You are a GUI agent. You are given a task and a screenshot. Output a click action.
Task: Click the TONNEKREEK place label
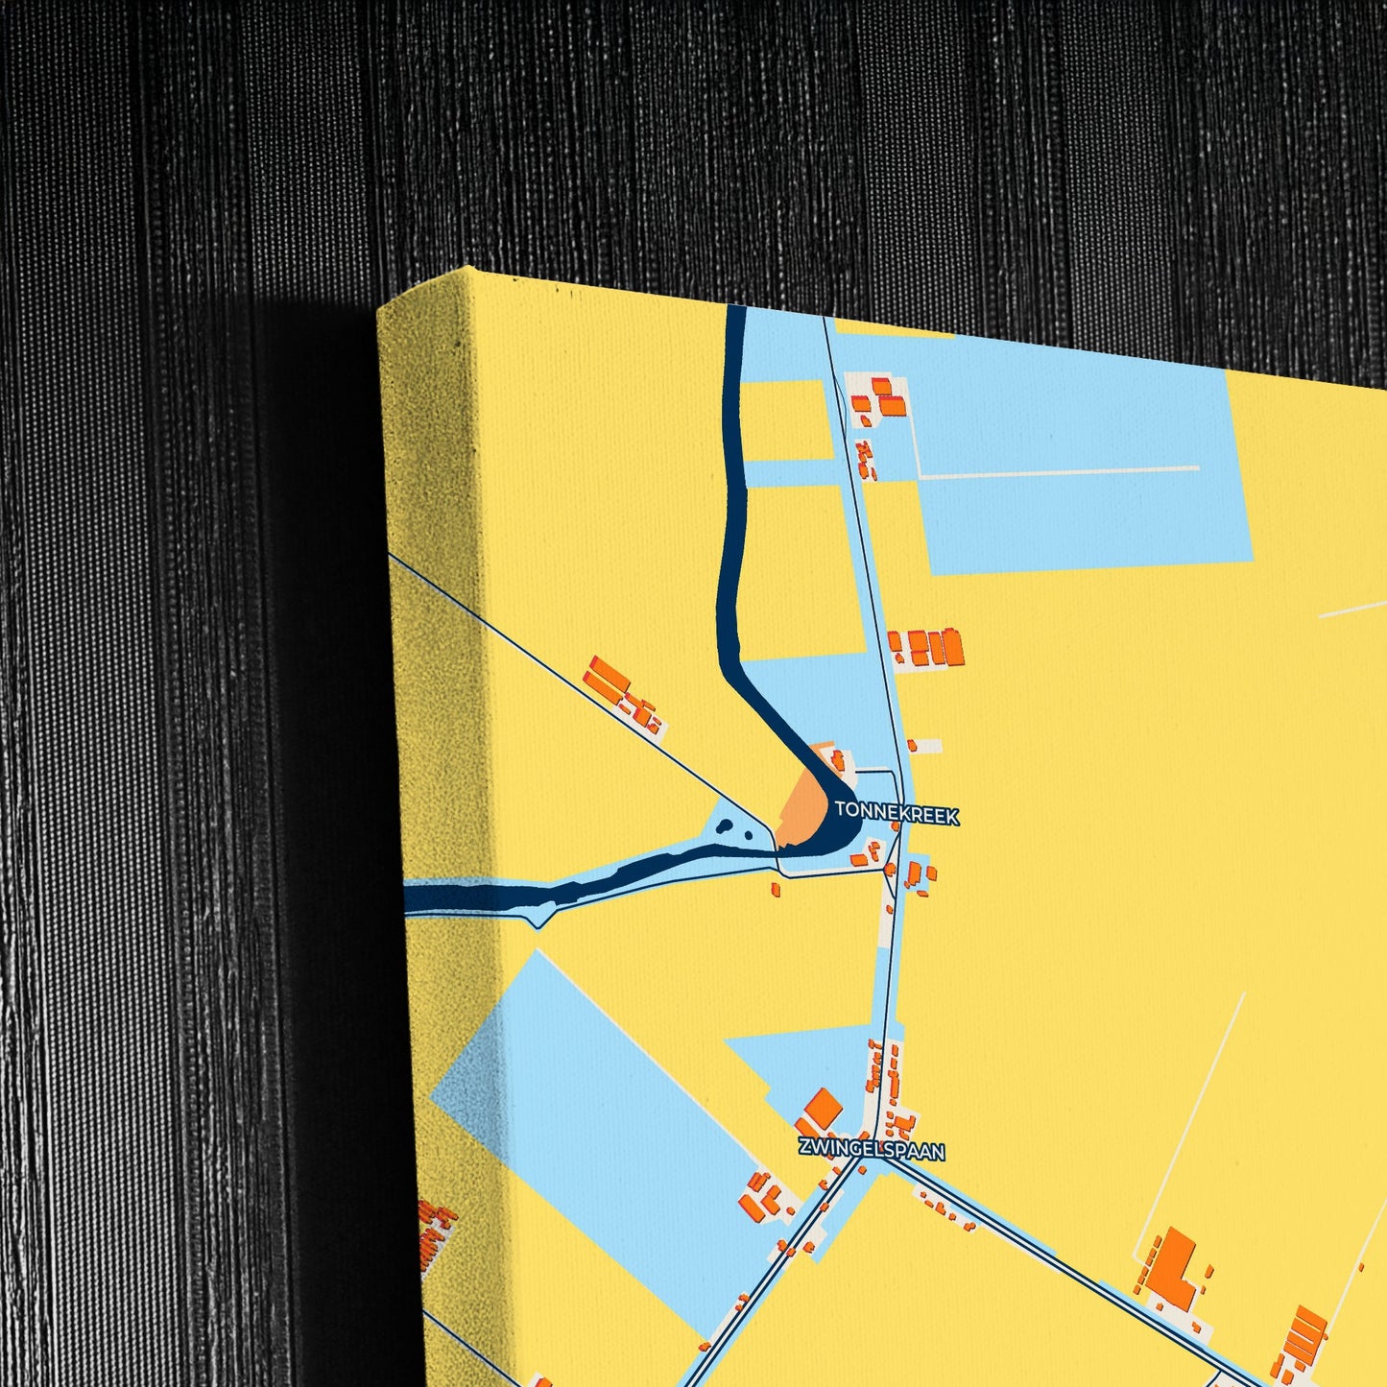pyautogui.click(x=897, y=814)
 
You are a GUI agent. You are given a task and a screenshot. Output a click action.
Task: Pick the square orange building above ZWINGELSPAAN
pyautogui.click(x=823, y=1108)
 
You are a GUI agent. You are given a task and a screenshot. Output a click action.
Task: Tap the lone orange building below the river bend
pyautogui.click(x=776, y=890)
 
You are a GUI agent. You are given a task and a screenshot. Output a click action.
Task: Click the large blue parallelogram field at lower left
pyautogui.click(x=614, y=1104)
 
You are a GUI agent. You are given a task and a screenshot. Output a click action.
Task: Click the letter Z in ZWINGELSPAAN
pyautogui.click(x=804, y=1146)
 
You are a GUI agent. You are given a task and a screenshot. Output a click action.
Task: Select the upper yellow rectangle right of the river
pyautogui.click(x=787, y=418)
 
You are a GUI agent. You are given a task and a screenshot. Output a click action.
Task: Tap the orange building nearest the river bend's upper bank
pyautogui.click(x=838, y=759)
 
